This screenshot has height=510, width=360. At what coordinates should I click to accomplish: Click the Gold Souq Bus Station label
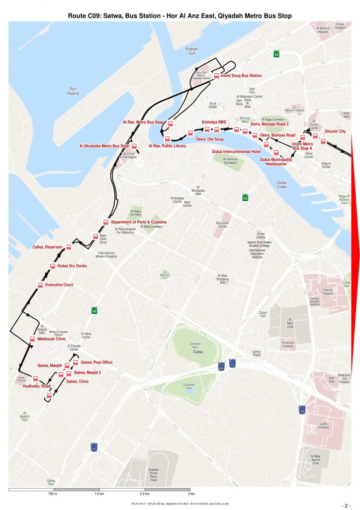pyautogui.click(x=242, y=76)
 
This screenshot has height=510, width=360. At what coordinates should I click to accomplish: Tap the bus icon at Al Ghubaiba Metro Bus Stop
pyautogui.click(x=134, y=146)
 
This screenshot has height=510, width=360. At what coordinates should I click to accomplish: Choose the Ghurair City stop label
pyautogui.click(x=335, y=131)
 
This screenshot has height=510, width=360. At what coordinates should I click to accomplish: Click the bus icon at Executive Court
pyautogui.click(x=40, y=285)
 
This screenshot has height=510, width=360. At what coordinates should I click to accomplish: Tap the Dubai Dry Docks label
pyautogui.click(x=72, y=266)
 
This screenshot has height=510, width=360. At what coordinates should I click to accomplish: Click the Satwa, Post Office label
pyautogui.click(x=96, y=362)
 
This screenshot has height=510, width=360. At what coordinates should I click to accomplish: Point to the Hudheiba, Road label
pyautogui.click(x=37, y=386)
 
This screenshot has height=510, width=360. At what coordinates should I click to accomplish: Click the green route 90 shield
pyautogui.click(x=94, y=311)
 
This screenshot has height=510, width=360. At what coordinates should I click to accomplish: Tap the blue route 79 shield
pyautogui.click(x=302, y=410)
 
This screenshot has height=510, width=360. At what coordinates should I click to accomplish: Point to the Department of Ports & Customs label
pyautogui.click(x=139, y=222)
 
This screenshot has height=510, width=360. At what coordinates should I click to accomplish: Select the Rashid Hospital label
pyautogui.click(x=327, y=292)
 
